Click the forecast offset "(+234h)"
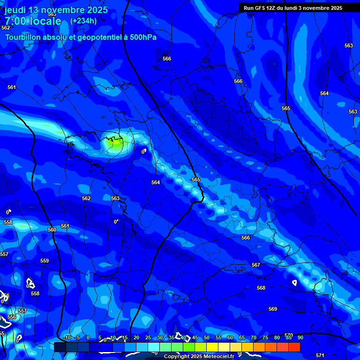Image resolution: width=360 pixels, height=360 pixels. pyautogui.click(x=83, y=21)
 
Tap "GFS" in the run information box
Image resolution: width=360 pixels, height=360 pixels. pyautogui.click(x=261, y=8)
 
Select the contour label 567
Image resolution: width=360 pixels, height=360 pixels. pyautogui.click(x=256, y=265)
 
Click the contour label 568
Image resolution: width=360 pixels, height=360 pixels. pyautogui.click(x=261, y=288)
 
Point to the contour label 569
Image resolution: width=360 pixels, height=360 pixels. pyautogui.click(x=273, y=309)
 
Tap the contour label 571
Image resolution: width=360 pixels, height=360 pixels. pyautogui.click(x=320, y=356)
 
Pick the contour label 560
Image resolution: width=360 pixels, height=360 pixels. pyautogui.click(x=52, y=230)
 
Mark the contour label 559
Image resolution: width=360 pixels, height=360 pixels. pyautogui.click(x=45, y=261)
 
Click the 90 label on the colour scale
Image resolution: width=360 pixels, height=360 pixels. pyautogui.click(x=300, y=338)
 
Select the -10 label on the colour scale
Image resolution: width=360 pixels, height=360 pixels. pyautogui.click(x=67, y=338)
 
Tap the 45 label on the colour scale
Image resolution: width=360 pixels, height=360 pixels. pyautogui.click(x=195, y=338)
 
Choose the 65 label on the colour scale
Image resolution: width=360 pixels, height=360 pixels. pyautogui.click(x=241, y=338)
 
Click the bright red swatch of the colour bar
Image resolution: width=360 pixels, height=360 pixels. pyautogui.click(x=294, y=347)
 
